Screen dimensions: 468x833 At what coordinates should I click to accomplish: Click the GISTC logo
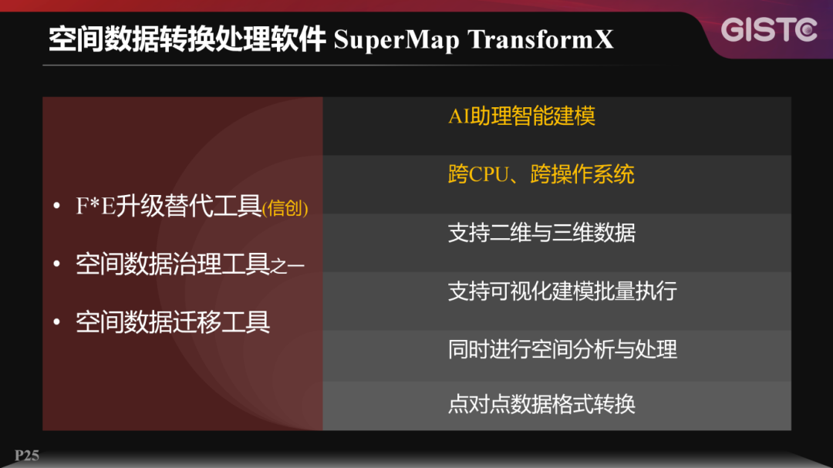(769, 30)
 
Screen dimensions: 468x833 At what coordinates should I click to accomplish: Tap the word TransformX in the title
(541, 40)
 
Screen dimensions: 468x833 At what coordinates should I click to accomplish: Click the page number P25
(26, 456)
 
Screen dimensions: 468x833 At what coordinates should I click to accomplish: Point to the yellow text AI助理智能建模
(522, 116)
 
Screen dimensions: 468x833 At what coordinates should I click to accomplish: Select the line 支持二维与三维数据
(541, 233)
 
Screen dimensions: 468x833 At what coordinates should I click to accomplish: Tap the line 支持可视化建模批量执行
(562, 291)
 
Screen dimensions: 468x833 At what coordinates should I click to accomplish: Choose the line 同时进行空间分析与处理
(562, 349)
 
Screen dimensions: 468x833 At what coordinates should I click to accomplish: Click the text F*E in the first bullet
(95, 207)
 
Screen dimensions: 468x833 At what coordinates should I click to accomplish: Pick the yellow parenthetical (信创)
(285, 209)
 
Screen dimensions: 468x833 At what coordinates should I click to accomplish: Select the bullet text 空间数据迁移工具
(173, 322)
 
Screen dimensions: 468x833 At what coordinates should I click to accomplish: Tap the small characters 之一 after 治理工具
(288, 266)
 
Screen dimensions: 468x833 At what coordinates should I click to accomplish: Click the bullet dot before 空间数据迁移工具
(56, 322)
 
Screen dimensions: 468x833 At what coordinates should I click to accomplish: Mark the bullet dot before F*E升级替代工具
(56, 207)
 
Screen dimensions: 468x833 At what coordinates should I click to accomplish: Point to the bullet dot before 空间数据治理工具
(56, 264)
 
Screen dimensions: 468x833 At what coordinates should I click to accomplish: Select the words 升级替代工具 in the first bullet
(188, 207)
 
